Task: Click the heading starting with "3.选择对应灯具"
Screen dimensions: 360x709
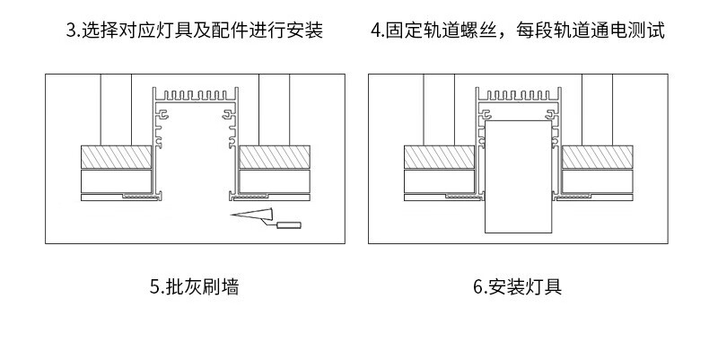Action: point(195,31)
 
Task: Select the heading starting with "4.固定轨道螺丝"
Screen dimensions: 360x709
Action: point(518,31)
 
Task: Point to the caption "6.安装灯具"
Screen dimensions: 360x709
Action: point(518,288)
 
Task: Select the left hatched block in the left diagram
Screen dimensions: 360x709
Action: point(116,157)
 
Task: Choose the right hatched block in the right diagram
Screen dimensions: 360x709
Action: point(597,157)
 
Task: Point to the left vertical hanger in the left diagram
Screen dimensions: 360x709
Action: point(116,109)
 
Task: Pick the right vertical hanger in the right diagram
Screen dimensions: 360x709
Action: point(597,109)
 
